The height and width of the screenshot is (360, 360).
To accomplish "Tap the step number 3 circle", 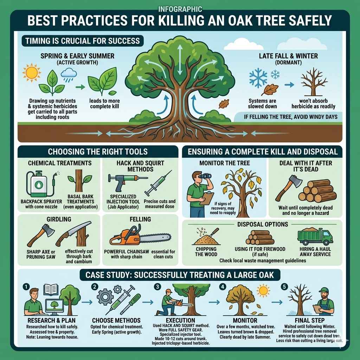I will pos(157,287).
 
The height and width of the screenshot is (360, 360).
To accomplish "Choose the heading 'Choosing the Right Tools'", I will pos(97,152).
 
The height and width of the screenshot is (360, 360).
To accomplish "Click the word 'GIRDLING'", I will pos(59,219).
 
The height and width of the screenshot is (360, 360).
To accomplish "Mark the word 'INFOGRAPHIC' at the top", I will pos(180,9).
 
